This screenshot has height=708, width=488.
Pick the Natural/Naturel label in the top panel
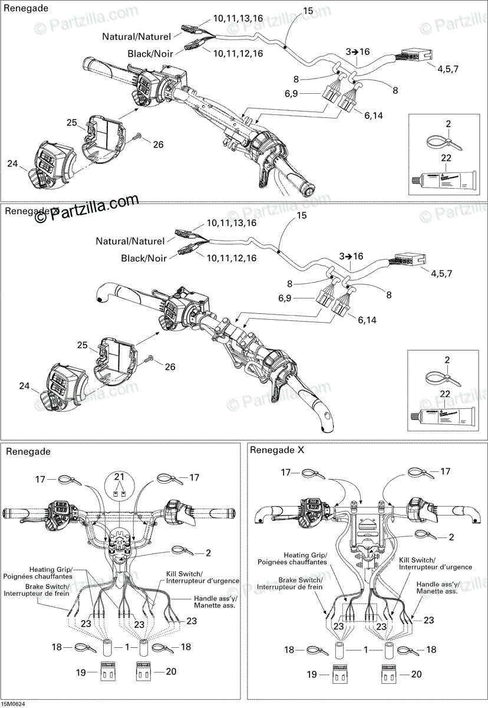click(136, 37)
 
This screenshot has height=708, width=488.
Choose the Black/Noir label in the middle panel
click(143, 258)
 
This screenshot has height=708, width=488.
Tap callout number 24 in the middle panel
click(24, 386)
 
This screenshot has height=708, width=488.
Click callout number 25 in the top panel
click(72, 123)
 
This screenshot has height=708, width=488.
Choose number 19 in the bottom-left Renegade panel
click(81, 671)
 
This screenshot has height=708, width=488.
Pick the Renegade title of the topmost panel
click(27, 9)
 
